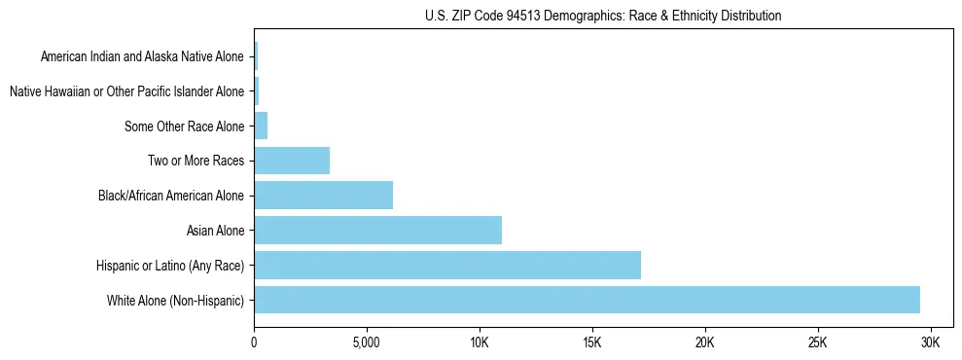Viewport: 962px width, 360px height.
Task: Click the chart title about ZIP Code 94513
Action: pos(603,16)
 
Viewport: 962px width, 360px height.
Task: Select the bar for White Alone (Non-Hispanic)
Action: pos(587,300)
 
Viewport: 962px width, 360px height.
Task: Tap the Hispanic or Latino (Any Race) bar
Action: pos(447,265)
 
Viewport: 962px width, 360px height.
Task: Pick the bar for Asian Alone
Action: pos(377,230)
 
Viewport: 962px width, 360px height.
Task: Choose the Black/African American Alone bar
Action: pos(323,196)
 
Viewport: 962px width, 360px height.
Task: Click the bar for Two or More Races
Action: pos(292,161)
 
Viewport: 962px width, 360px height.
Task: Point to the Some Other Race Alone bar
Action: pos(261,126)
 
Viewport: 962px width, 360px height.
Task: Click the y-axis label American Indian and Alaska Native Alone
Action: pos(142,56)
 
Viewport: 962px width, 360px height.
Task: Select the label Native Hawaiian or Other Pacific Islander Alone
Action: pos(126,91)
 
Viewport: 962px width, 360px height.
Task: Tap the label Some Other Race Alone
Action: pos(185,126)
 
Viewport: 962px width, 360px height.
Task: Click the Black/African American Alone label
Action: pos(171,196)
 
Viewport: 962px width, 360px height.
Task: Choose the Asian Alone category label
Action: pos(215,231)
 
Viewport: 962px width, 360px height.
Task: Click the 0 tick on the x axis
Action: pos(254,342)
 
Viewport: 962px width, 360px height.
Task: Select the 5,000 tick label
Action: pos(367,342)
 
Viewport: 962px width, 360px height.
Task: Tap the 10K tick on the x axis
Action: pos(480,342)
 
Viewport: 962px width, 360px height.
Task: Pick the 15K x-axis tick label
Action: pos(592,342)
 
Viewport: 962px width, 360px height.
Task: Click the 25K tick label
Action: pos(817,342)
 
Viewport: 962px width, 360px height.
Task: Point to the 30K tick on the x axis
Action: pos(930,342)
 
